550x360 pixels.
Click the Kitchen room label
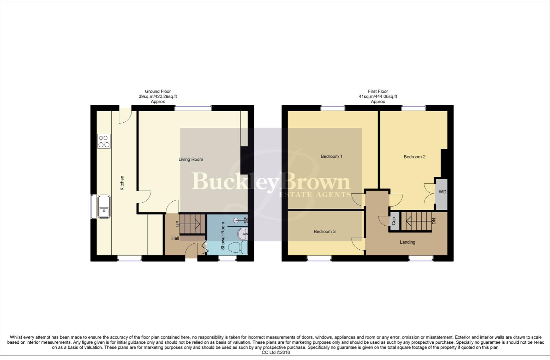pyautogui.click(x=122, y=183)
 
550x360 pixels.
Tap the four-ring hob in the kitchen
pyautogui.click(x=104, y=141)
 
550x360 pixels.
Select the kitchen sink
pyautogui.click(x=104, y=207)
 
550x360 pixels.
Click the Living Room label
pyautogui.click(x=191, y=159)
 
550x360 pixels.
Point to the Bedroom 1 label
pyautogui.click(x=332, y=156)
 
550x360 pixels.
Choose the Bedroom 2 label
pyautogui.click(x=415, y=157)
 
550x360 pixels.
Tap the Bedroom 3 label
pyautogui.click(x=325, y=231)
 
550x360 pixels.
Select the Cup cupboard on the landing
pyautogui.click(x=394, y=221)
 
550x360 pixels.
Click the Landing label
pyautogui.click(x=408, y=242)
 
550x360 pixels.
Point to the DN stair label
pyautogui.click(x=434, y=221)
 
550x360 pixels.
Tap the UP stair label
pyautogui.click(x=178, y=223)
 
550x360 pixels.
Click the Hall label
pyautogui.click(x=175, y=238)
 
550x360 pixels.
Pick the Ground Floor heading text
pyautogui.click(x=158, y=91)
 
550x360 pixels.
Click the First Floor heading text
pyautogui.click(x=378, y=91)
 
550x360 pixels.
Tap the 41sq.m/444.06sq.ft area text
pyautogui.click(x=378, y=97)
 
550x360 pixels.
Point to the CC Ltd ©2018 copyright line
pyautogui.click(x=276, y=352)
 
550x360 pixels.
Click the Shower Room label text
pyautogui.click(x=223, y=236)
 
